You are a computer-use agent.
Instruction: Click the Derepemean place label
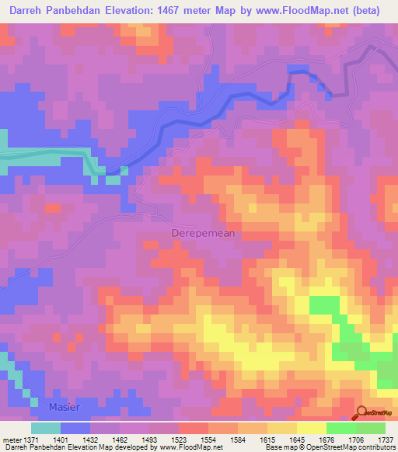pyautogui.click(x=202, y=232)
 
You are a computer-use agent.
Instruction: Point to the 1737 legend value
pyautogui.click(x=385, y=440)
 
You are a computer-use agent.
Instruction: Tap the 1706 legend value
pyautogui.click(x=355, y=440)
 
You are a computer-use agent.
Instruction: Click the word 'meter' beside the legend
pyautogui.click(x=9, y=440)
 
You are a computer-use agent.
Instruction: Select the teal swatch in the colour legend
pyautogui.click(x=46, y=428)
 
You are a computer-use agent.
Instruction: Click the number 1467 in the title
pyautogui.click(x=208, y=11)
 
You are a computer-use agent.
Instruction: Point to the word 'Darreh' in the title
pyautogui.click(x=24, y=11)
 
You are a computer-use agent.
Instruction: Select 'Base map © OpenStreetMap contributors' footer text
pyautogui.click(x=328, y=448)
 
